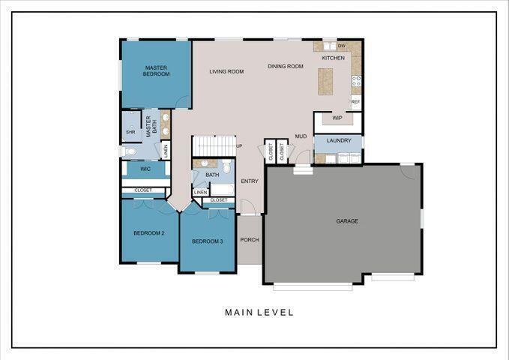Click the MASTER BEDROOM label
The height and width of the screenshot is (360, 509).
point(157,70)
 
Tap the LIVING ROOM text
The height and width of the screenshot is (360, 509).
point(226,72)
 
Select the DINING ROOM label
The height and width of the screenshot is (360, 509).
point(286,67)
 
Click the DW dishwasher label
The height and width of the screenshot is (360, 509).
point(341,46)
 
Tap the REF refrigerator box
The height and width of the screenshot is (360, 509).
point(355,101)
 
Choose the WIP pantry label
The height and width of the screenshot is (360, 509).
point(337,118)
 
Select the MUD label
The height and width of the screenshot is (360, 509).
point(301,136)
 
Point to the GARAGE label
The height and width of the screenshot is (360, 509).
point(346,221)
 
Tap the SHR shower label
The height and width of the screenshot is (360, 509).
point(130,132)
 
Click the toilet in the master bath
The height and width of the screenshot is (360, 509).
point(130,151)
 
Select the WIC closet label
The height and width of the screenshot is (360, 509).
point(145,169)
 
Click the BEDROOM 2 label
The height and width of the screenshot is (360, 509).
point(149,233)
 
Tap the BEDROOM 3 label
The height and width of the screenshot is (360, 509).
point(208,241)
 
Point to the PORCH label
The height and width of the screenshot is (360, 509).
point(250,240)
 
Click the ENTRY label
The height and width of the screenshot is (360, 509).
point(250,181)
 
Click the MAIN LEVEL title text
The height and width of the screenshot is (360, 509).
point(259,312)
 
